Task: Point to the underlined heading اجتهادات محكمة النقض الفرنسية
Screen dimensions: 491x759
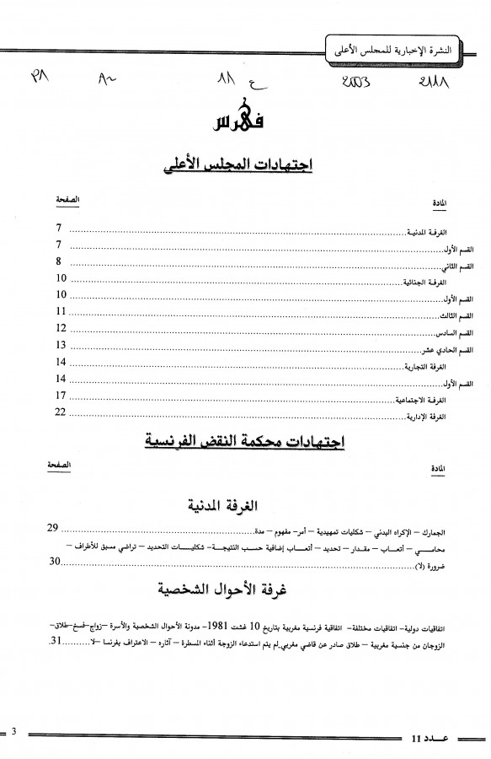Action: tap(245, 442)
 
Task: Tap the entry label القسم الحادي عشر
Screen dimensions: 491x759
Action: tap(451, 350)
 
